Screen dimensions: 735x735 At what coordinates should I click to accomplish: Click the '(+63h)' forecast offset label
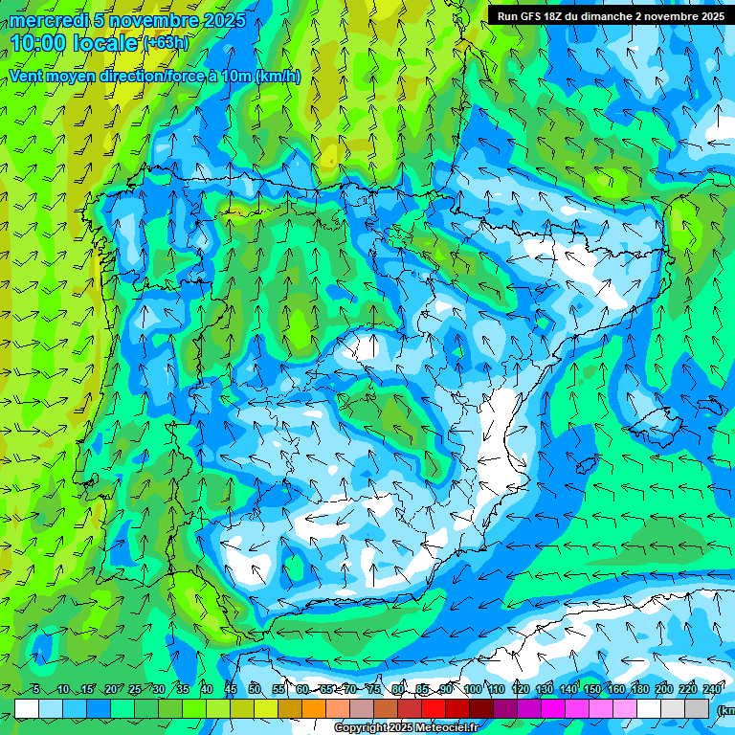167,43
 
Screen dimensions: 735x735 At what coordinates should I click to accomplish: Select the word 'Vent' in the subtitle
27,77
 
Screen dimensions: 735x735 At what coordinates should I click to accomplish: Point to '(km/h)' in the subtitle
278,77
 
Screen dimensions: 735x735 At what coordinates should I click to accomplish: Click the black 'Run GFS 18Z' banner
611,16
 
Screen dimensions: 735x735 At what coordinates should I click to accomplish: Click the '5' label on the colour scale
35,690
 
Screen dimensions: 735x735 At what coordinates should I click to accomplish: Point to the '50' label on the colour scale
255,690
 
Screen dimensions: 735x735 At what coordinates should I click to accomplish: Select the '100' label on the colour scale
473,690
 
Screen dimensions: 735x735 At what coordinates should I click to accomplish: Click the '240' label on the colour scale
713,690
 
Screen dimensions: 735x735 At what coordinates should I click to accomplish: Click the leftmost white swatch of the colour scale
27,708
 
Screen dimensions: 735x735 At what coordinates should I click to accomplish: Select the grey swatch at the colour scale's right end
697,708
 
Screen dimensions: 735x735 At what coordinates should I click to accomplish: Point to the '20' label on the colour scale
111,690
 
